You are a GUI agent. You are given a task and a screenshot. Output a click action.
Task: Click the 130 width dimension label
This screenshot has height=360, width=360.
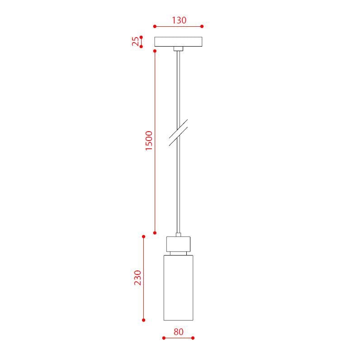(179, 20)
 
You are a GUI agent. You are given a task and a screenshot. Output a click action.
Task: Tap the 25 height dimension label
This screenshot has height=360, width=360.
(136, 42)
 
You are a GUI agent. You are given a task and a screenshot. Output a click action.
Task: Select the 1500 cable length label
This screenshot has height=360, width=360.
(149, 141)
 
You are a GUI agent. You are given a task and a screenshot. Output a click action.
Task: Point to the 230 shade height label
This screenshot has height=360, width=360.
(137, 278)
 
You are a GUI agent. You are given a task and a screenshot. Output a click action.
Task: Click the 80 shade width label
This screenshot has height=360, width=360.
(178, 332)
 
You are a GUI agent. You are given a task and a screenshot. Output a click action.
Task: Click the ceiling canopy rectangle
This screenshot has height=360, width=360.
(178, 42)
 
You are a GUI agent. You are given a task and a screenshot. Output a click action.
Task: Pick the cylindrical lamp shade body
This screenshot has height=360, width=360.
(178, 288)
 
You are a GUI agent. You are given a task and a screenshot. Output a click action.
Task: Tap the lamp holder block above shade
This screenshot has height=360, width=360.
(178, 244)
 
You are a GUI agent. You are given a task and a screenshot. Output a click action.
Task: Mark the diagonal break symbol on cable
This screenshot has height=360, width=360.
(178, 133)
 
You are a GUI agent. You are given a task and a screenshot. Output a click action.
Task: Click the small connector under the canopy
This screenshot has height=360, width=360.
(178, 48)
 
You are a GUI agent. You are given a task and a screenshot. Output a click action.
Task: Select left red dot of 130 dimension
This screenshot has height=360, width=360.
(155, 26)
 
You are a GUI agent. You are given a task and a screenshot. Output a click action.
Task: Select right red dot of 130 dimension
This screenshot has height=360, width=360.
(202, 26)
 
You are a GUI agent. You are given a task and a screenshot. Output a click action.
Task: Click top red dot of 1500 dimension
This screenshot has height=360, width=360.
(155, 51)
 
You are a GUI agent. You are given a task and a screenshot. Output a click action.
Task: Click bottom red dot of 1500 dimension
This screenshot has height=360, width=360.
(155, 232)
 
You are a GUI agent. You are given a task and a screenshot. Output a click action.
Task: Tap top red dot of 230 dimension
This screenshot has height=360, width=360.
(143, 237)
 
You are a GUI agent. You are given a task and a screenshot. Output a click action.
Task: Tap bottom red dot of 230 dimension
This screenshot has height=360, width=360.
(143, 320)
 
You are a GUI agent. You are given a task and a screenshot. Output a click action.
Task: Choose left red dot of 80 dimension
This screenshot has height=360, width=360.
(164, 338)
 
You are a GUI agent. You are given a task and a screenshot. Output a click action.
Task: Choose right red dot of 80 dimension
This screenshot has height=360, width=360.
(193, 338)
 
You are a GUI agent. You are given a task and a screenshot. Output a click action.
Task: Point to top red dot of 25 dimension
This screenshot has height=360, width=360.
(141, 37)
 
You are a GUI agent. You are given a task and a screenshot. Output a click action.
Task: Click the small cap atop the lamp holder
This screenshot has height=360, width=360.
(178, 235)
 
